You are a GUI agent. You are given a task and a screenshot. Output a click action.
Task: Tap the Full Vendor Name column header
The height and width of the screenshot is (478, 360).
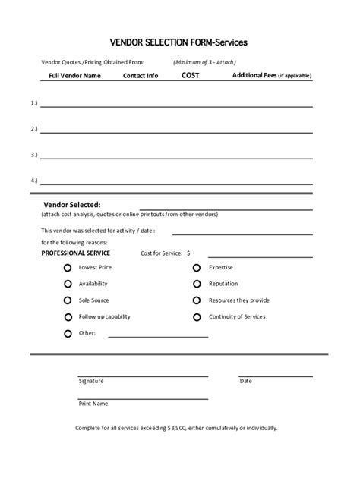point(74,76)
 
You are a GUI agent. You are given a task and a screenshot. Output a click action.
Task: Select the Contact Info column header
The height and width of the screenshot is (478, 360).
point(141,76)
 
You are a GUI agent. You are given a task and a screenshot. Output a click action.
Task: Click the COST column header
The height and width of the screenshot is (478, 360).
point(191,75)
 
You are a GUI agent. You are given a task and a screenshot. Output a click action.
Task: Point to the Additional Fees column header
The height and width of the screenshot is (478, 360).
point(272,76)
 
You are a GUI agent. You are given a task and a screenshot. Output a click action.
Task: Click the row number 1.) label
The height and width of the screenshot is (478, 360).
point(34,102)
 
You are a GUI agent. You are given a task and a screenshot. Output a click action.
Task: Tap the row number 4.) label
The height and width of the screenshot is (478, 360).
point(34,181)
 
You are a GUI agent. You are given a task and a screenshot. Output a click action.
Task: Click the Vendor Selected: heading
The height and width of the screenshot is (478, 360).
point(72,204)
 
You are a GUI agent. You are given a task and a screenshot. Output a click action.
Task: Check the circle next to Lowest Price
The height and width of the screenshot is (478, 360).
point(68,268)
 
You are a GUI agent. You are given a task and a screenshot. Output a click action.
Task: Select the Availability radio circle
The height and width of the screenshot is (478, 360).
point(68,284)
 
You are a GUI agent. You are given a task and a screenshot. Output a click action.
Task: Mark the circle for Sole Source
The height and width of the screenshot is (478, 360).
point(68,300)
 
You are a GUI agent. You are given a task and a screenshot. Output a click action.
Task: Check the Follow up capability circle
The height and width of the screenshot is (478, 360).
point(68,316)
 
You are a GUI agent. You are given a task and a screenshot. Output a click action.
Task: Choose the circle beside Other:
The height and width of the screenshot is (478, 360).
point(68,333)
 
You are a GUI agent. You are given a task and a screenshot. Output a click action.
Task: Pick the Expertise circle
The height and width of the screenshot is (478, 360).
point(197,268)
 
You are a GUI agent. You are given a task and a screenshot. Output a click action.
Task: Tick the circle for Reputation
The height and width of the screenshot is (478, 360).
point(197,284)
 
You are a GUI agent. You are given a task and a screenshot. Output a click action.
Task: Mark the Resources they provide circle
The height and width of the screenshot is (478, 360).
point(197,300)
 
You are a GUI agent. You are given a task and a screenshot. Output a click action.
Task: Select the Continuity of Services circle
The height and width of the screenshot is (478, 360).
point(197,316)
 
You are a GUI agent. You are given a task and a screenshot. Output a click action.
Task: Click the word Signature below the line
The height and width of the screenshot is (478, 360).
point(90,381)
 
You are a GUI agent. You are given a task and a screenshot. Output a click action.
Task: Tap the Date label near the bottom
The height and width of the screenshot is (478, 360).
point(245,381)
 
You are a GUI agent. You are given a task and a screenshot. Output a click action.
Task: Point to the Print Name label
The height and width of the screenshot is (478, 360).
point(93,404)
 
